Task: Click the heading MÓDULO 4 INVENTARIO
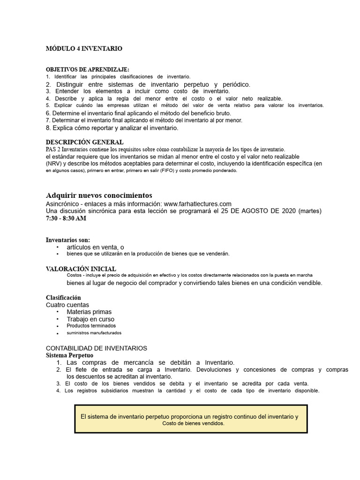click(x=84, y=48)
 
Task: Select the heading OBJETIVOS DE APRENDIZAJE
click(x=87, y=69)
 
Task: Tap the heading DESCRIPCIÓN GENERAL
click(x=84, y=142)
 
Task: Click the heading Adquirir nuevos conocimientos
click(x=99, y=195)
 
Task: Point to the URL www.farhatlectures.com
click(x=198, y=204)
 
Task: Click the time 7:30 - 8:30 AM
click(x=66, y=218)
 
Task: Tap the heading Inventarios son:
click(x=67, y=240)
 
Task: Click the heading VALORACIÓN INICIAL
click(x=81, y=269)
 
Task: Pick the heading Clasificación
click(x=63, y=298)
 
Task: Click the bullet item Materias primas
click(x=89, y=312)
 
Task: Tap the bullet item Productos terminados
click(x=91, y=326)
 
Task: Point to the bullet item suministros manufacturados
click(x=94, y=333)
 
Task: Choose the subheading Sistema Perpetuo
click(x=69, y=355)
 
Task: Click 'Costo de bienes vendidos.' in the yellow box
click(x=193, y=423)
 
